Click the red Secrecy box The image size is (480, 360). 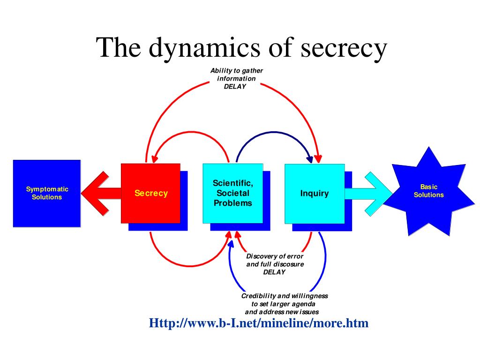pyautogui.click(x=150, y=193)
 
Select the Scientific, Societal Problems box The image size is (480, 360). pyautogui.click(x=232, y=193)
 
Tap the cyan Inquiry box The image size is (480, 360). pyautogui.click(x=315, y=194)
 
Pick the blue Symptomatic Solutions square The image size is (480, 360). pyautogui.click(x=47, y=194)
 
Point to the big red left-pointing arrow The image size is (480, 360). pyautogui.click(x=101, y=193)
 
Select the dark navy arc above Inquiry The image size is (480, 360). pyautogui.click(x=274, y=132)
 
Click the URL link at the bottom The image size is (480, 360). pyautogui.click(x=259, y=323)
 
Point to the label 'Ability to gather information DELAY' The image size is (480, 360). pyautogui.click(x=236, y=78)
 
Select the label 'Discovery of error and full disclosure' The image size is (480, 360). pyautogui.click(x=275, y=260)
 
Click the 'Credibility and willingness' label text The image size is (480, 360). pyautogui.click(x=285, y=296)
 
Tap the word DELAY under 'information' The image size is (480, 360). pyautogui.click(x=235, y=86)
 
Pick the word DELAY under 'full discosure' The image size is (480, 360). pyautogui.click(x=274, y=272)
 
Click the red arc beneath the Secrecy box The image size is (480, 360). pyautogui.click(x=190, y=266)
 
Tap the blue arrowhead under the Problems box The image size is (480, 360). pyautogui.click(x=231, y=244)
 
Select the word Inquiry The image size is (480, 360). pyautogui.click(x=315, y=194)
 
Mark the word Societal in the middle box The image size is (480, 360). pyautogui.click(x=232, y=193)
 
